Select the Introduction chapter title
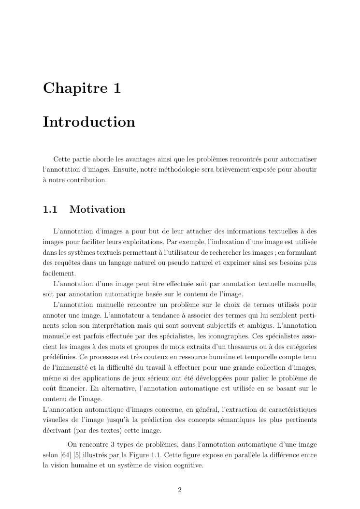pos(89,122)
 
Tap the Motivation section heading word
pos(97,209)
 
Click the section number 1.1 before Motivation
pos(50,209)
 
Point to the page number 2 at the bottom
pos(180,490)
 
